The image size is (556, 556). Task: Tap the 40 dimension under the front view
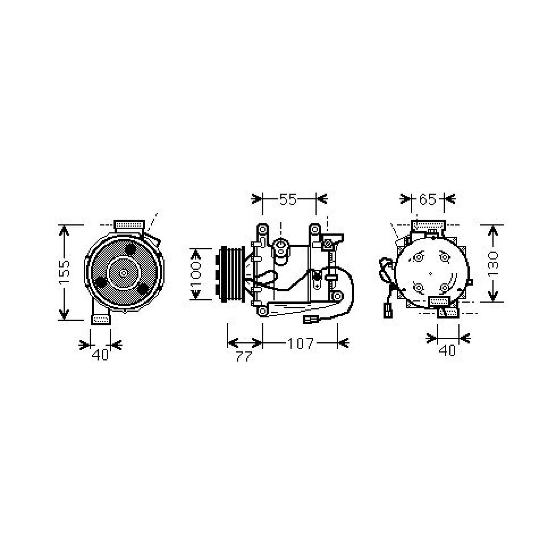pyautogui.click(x=100, y=355)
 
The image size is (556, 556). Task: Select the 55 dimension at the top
pyautogui.click(x=288, y=199)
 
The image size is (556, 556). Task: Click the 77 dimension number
pyautogui.click(x=243, y=357)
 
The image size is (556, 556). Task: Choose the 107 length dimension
pyautogui.click(x=300, y=344)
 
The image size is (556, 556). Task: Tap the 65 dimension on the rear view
pyautogui.click(x=427, y=199)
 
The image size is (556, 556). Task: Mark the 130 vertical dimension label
pyautogui.click(x=493, y=263)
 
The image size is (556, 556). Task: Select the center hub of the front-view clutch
pyautogui.click(x=124, y=273)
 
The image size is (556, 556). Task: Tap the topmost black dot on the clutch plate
pyautogui.click(x=130, y=249)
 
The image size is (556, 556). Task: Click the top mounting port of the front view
pyautogui.click(x=129, y=224)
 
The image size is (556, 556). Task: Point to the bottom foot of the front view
pyautogui.click(x=101, y=319)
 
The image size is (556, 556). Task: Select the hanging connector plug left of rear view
pyautogui.click(x=387, y=310)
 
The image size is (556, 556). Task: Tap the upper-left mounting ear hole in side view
pyautogui.click(x=262, y=229)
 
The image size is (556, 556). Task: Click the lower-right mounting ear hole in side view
pyautogui.click(x=337, y=296)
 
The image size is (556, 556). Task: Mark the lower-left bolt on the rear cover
pyautogui.click(x=418, y=287)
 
